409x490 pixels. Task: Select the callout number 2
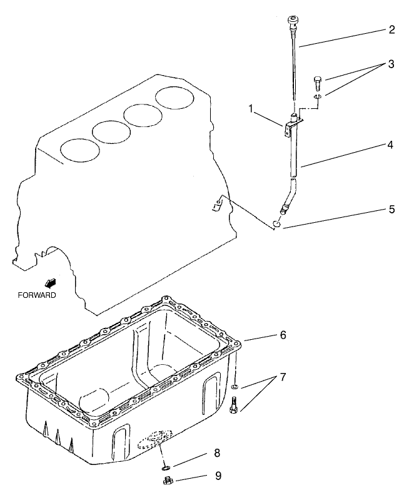tap(391, 29)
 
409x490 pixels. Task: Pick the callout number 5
tap(391, 209)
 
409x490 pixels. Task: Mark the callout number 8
tap(216, 452)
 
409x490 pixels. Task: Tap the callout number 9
tap(217, 476)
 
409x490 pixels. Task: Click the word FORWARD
tap(36, 295)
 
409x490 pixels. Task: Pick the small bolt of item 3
tap(317, 81)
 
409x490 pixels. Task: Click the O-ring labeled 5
tap(275, 224)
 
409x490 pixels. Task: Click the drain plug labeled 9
tap(168, 480)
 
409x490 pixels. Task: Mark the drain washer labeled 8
tap(164, 465)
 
